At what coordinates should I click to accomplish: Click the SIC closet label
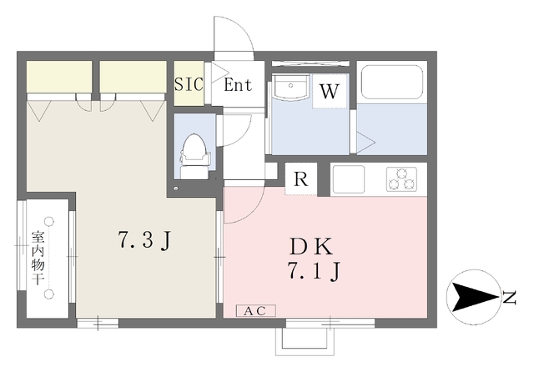pyautogui.click(x=189, y=83)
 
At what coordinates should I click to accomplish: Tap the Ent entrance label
pyautogui.click(x=238, y=85)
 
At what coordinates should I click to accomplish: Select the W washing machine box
pyautogui.click(x=330, y=91)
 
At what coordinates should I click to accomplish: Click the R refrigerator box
pyautogui.click(x=300, y=178)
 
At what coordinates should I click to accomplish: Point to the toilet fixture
pyautogui.click(x=194, y=156)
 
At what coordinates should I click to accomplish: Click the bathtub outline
pyautogui.click(x=391, y=82)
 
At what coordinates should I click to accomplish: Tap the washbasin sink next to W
pyautogui.click(x=290, y=87)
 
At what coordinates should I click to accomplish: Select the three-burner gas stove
pyautogui.click(x=402, y=178)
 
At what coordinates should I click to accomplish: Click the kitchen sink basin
pyautogui.click(x=349, y=179)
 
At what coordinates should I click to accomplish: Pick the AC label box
pyautogui.click(x=256, y=311)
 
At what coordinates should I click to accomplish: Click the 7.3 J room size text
pyautogui.click(x=144, y=240)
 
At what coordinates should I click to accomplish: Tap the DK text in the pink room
pyautogui.click(x=311, y=247)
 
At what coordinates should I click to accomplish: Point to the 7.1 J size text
pyautogui.click(x=315, y=271)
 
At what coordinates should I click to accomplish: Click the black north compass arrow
pyautogui.click(x=473, y=297)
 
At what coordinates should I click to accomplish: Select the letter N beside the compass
pyautogui.click(x=510, y=298)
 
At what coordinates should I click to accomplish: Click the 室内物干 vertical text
pyautogui.click(x=38, y=258)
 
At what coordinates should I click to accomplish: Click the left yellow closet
pyautogui.click(x=59, y=76)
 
